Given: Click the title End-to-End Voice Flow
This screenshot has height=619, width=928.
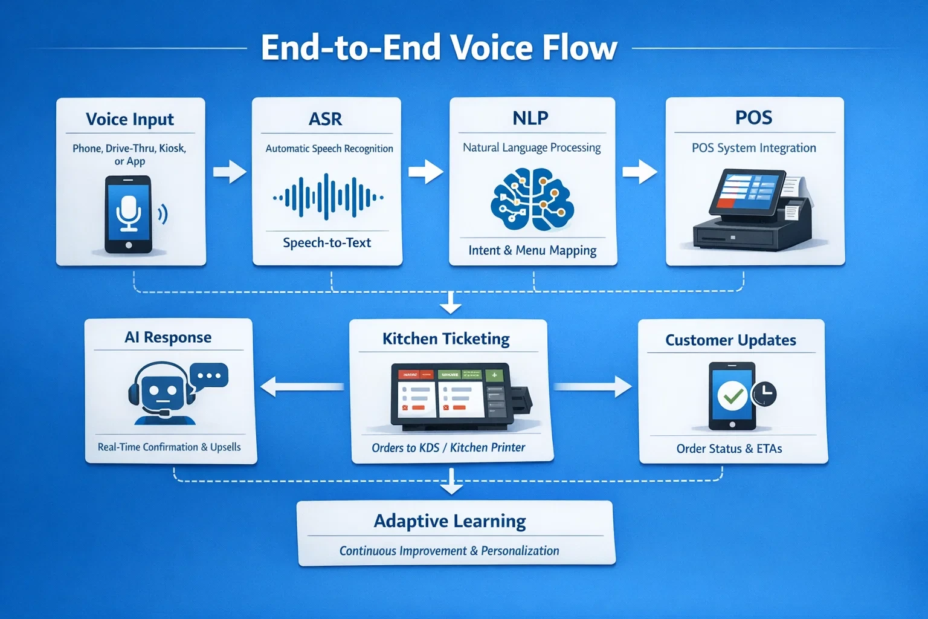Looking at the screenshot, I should (x=439, y=48).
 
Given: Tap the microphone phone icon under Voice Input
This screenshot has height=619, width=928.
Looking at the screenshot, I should (x=128, y=215).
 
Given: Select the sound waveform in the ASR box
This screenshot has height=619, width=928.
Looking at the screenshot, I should (x=327, y=197).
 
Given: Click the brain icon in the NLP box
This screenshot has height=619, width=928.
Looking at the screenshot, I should (x=532, y=199).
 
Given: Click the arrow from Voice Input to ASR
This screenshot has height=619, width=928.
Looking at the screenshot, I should (x=230, y=172).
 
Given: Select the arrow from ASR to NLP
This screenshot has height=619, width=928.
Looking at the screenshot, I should (x=425, y=171).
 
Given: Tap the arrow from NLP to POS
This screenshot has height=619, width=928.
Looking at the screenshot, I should (x=639, y=172).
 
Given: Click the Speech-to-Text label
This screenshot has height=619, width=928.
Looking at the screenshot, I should (x=327, y=242).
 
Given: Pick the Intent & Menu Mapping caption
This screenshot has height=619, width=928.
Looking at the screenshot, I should (x=532, y=250).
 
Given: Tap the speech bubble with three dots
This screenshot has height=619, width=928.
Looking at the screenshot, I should (x=209, y=375).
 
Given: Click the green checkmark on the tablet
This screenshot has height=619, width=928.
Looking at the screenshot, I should (x=732, y=396).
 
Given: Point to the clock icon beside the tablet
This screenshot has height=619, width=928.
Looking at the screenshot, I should (x=764, y=394).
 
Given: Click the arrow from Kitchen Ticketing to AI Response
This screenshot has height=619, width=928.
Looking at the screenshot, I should (x=301, y=386).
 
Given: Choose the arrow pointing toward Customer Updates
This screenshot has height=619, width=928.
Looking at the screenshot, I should (x=593, y=386).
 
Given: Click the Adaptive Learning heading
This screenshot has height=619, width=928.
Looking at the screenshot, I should (x=449, y=520).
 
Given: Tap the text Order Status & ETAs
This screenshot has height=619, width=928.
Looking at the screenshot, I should (x=729, y=449).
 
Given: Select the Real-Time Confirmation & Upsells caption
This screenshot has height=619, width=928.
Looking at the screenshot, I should (x=169, y=447).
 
